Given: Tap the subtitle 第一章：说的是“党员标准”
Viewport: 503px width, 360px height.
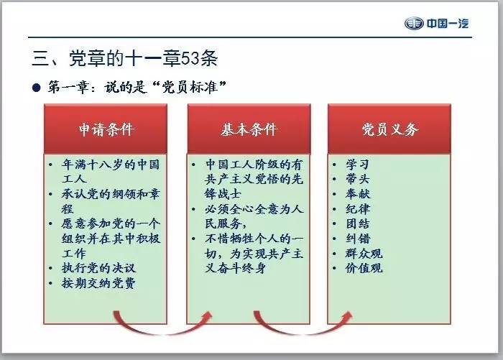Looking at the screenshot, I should pos(137,87).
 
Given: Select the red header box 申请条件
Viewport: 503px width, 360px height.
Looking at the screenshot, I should pos(106,129).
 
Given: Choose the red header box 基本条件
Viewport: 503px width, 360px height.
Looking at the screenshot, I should pos(248,129).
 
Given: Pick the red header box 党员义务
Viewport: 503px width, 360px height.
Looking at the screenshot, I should pos(389,129).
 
